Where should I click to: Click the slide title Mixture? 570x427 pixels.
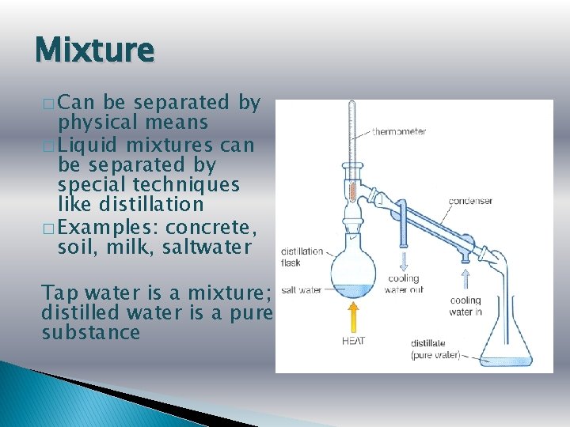pos(94,51)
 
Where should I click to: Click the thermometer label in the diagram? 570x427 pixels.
pos(399,131)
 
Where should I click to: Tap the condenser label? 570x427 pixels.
pos(470,201)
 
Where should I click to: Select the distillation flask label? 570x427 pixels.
pos(302,257)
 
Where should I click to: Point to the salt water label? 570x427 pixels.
pos(301,290)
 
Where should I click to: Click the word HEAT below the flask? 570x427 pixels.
pos(354,341)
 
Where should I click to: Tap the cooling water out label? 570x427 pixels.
pos(403,284)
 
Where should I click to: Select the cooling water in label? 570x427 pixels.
pos(465,305)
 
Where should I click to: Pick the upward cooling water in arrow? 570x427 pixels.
pos(465,278)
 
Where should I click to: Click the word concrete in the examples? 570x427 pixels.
pos(211,227)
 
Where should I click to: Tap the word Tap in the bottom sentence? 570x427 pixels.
pos(59,293)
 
